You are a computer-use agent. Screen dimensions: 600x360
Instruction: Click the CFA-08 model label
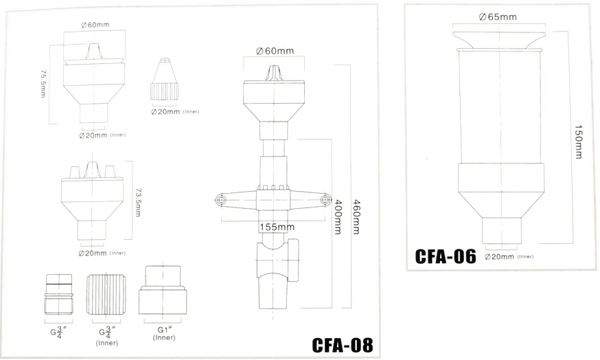point(342,345)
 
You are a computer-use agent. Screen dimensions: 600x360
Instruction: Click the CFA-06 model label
point(446,256)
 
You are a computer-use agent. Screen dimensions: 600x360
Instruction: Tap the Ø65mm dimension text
point(498,17)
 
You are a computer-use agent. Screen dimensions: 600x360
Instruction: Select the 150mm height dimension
point(579,142)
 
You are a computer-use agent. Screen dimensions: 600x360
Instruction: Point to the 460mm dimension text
point(356,217)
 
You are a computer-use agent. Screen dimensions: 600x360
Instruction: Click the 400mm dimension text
point(338,217)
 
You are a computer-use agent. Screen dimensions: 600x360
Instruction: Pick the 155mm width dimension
point(277,227)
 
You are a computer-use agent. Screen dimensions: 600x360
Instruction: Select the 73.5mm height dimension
point(138,202)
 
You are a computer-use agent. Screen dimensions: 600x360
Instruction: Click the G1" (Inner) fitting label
point(164,334)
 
